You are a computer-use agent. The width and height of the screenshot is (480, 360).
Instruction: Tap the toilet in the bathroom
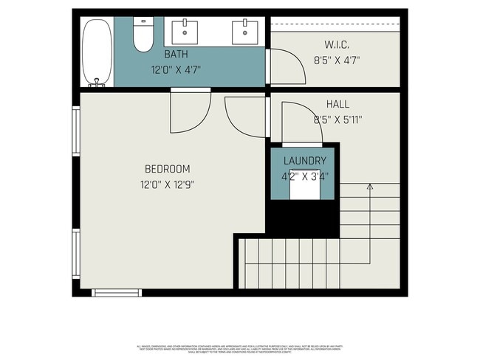[143, 33]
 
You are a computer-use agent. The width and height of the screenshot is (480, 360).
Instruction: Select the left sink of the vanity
[185, 31]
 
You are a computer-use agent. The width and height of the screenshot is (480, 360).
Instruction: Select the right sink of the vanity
[244, 31]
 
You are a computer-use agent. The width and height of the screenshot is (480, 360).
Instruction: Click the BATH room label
[176, 55]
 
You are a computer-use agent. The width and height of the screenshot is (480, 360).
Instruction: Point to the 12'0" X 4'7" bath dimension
[176, 69]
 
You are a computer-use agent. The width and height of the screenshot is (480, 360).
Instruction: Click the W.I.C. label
[337, 46]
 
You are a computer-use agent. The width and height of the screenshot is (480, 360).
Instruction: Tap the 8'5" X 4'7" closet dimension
[337, 61]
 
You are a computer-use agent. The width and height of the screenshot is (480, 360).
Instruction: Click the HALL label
[337, 105]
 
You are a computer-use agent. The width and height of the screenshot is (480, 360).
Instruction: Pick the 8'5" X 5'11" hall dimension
[337, 120]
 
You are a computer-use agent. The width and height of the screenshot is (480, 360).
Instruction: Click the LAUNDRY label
[304, 161]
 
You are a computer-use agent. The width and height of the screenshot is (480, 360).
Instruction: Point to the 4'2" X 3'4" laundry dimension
[304, 176]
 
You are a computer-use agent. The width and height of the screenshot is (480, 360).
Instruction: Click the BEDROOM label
[168, 168]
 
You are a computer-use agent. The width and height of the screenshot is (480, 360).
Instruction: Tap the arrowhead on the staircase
[369, 187]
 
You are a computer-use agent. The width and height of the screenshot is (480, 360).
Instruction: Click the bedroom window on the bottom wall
[117, 293]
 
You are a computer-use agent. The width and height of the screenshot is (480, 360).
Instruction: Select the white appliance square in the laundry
[304, 188]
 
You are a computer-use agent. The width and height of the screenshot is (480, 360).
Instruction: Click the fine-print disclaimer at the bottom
[240, 347]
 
